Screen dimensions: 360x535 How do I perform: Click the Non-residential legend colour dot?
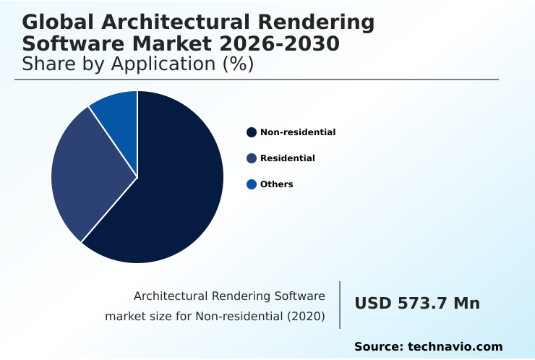click(x=252, y=132)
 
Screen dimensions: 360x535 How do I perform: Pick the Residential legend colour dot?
click(x=252, y=158)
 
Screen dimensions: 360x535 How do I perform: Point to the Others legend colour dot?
click(x=252, y=184)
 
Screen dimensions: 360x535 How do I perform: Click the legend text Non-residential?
click(x=298, y=132)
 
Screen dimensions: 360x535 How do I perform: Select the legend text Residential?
click(x=288, y=158)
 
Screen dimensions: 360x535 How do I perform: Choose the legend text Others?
click(x=277, y=184)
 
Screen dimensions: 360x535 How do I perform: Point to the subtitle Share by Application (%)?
click(x=137, y=64)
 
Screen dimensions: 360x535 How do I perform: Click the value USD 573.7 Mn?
click(x=417, y=304)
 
